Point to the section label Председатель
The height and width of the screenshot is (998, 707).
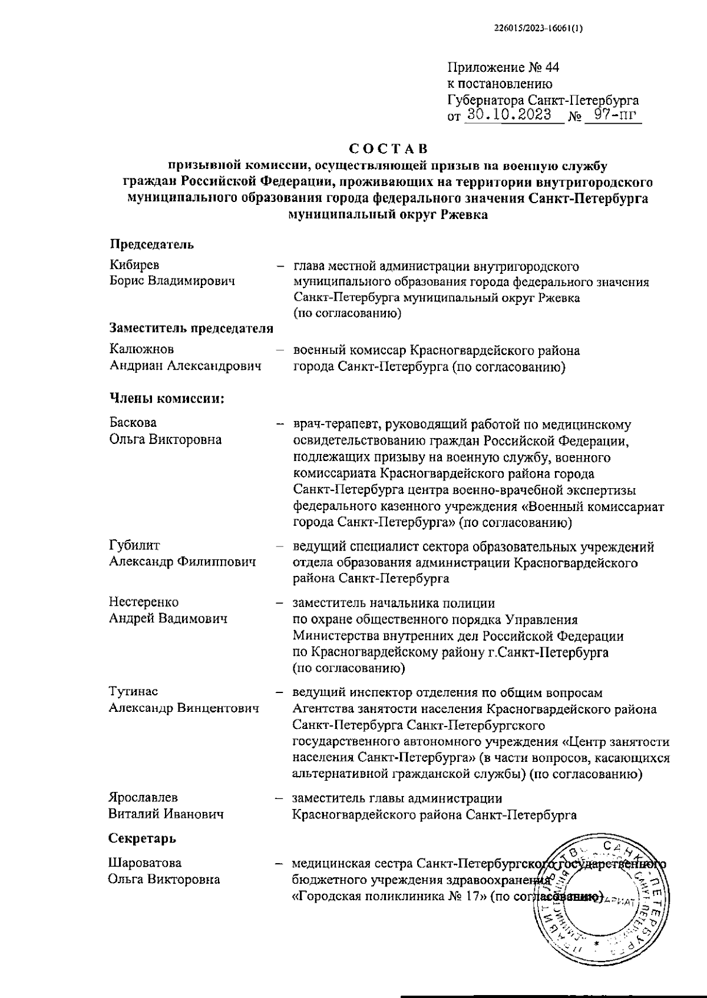tap(151, 244)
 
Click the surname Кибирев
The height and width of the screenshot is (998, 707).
tap(134, 265)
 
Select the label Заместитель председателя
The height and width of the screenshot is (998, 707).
tap(191, 329)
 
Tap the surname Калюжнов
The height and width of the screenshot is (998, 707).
tap(141, 350)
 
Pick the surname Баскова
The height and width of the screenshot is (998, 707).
tap(133, 423)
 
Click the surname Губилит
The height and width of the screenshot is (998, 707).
tap(134, 546)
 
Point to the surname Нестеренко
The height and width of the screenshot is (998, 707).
tap(143, 602)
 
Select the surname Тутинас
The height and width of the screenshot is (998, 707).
tap(133, 691)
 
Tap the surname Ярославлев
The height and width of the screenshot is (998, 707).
tap(143, 798)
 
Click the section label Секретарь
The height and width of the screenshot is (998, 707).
tap(142, 838)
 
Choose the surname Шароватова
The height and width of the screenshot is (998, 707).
tap(145, 863)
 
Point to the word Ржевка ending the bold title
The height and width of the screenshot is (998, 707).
tap(464, 215)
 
